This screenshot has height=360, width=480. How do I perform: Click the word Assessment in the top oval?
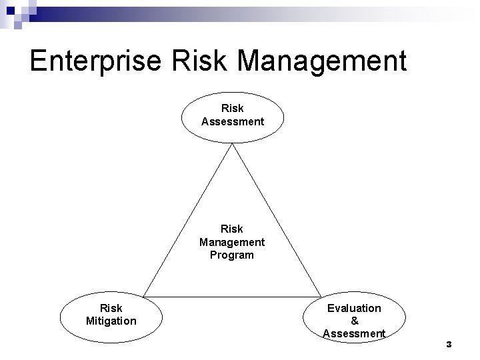(x=233, y=121)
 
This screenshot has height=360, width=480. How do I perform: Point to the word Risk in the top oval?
(x=233, y=108)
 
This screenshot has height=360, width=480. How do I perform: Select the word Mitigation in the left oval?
(x=111, y=321)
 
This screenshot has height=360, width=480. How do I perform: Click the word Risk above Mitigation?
(x=111, y=308)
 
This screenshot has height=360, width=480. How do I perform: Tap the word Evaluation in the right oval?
(x=354, y=308)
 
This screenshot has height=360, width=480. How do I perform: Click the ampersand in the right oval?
(x=354, y=321)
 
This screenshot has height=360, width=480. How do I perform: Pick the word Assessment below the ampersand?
(x=354, y=333)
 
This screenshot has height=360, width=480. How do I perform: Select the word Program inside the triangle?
(x=232, y=255)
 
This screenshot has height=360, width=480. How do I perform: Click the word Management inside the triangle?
(x=232, y=242)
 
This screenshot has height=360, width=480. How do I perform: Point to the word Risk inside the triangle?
(x=232, y=229)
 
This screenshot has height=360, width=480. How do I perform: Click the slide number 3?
(x=449, y=345)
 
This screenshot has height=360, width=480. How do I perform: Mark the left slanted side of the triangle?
(x=188, y=220)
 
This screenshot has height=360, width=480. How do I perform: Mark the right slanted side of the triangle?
(x=277, y=220)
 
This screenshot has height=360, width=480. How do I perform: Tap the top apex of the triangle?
(x=232, y=145)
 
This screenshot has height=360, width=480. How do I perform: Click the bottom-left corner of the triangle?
(x=144, y=296)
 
